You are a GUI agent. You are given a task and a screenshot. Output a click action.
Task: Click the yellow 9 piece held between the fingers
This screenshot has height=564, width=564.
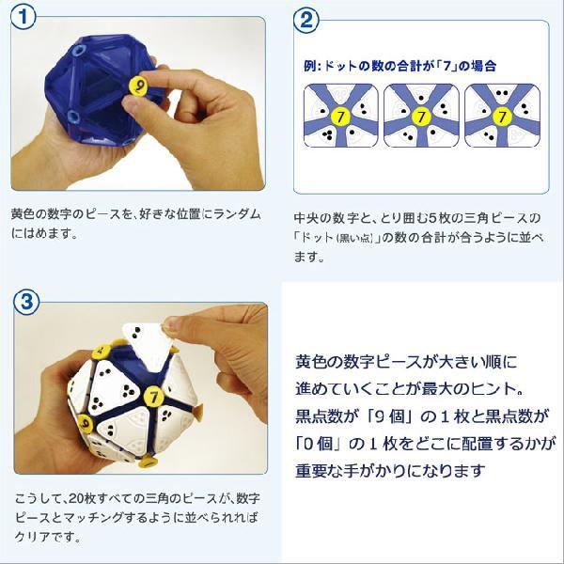point(137,86)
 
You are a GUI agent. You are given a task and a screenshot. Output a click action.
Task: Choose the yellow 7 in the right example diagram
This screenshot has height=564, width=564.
point(502,117)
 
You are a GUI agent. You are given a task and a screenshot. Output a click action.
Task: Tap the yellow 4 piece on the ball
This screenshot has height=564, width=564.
point(97,352)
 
